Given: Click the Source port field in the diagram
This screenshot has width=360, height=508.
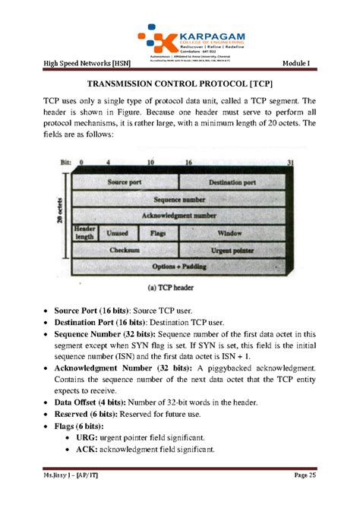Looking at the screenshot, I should tap(125, 183).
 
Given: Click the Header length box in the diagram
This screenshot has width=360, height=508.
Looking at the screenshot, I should tap(84, 232).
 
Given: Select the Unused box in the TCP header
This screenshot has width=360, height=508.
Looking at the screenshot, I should tap(118, 233).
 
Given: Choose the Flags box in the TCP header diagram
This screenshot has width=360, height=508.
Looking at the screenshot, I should tap(158, 233).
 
